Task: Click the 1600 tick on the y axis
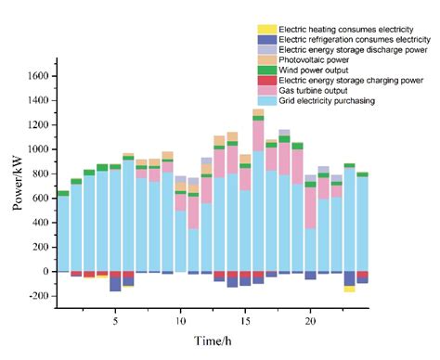37,75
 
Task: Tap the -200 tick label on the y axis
37,296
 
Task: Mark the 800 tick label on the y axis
40,174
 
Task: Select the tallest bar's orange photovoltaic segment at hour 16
258,116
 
